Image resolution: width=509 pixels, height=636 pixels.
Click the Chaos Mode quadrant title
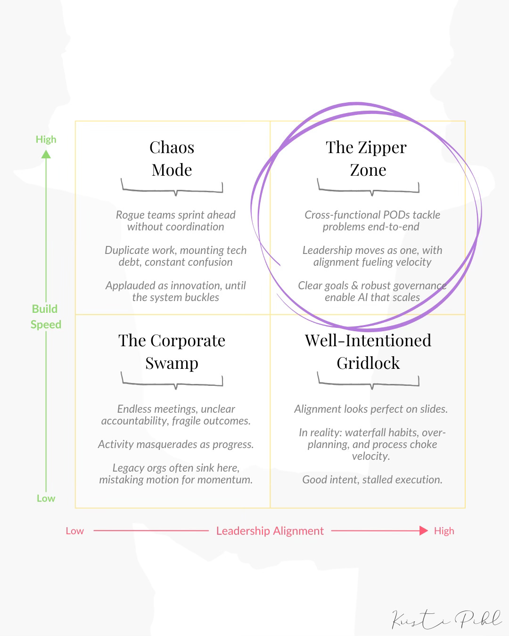tap(172, 158)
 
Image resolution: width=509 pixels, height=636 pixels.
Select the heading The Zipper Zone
tap(367, 158)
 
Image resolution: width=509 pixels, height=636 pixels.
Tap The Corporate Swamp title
tap(172, 351)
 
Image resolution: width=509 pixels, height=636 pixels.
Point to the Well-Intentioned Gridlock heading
tap(368, 351)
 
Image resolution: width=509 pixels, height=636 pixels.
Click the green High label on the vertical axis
tap(46, 139)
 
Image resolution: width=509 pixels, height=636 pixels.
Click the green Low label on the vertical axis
tap(46, 498)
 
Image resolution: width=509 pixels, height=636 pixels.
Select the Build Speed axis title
tap(46, 317)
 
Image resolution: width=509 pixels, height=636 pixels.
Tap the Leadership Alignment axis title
tap(270, 531)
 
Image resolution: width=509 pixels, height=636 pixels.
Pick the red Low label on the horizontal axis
tap(74, 531)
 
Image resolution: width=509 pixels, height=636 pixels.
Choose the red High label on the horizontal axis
tap(444, 531)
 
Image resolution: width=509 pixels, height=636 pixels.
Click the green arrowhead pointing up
tap(46, 154)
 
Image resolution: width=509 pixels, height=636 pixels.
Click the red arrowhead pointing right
tap(424, 530)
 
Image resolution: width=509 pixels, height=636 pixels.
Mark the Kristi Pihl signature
tap(446, 619)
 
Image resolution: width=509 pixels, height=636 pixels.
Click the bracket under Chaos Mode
tap(172, 188)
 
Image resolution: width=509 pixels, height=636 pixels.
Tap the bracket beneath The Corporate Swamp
tap(172, 381)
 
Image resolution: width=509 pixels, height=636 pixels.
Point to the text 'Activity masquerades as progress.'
tap(176, 444)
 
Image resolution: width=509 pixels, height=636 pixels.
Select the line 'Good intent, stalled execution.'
tap(372, 480)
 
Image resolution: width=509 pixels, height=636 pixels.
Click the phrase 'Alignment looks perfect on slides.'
tap(371, 409)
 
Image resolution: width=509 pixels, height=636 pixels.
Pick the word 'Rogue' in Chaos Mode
tap(130, 215)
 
